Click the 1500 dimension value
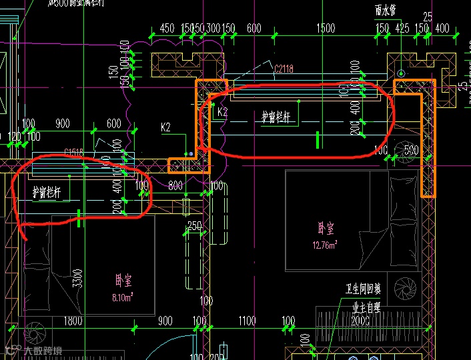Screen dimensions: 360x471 click(x=326, y=28)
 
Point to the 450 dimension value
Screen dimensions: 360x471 click(x=167, y=28)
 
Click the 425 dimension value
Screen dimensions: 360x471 click(x=402, y=28)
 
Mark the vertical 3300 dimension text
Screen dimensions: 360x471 click(x=77, y=279)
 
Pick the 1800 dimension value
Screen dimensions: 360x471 click(x=73, y=321)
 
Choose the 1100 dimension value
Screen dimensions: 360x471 click(x=246, y=321)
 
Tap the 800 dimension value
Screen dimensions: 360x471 click(x=175, y=186)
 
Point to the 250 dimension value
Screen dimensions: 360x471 click(x=194, y=226)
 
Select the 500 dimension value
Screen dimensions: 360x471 click(x=411, y=151)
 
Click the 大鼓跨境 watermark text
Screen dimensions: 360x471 click(x=42, y=350)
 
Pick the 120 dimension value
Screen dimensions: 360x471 click(x=14, y=137)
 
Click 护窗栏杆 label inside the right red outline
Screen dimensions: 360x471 click(x=276, y=117)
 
